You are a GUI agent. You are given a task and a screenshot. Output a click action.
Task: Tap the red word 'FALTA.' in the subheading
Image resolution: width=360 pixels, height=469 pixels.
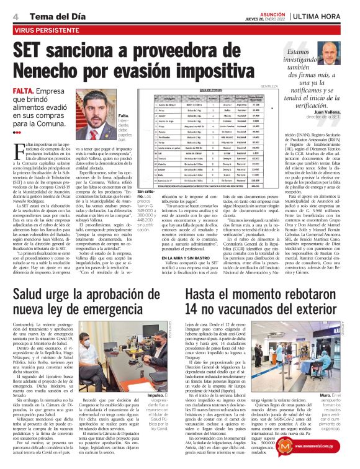point(24,91)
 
